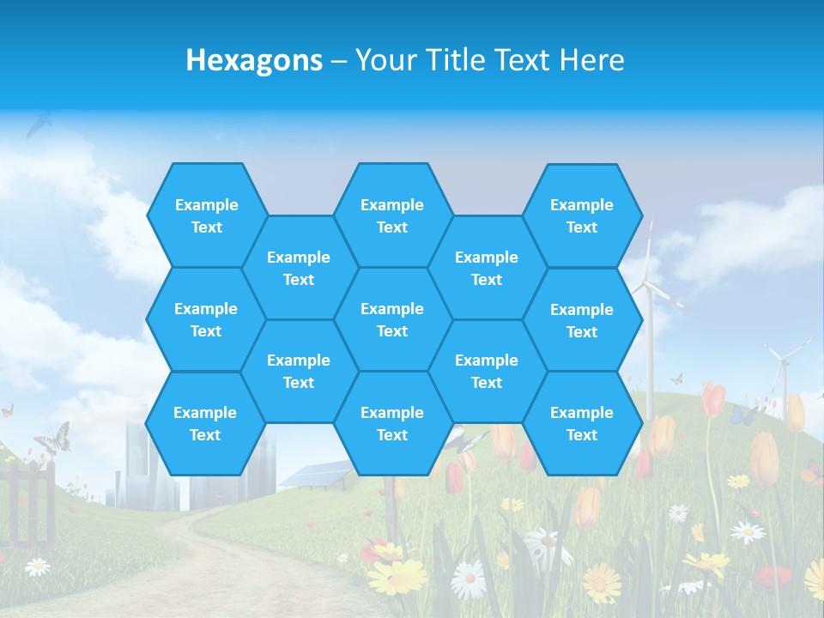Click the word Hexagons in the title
tap(254, 60)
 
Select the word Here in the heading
tap(591, 60)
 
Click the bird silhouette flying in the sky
tap(39, 125)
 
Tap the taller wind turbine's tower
tap(650, 343)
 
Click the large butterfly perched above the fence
tap(52, 438)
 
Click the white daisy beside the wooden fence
tap(37, 566)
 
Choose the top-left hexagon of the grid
tap(206, 215)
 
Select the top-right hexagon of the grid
tap(582, 215)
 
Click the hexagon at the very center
tap(392, 319)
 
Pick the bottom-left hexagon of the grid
tap(205, 423)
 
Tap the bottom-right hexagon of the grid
tap(582, 423)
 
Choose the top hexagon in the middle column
tap(392, 215)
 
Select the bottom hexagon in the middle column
tap(392, 423)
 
